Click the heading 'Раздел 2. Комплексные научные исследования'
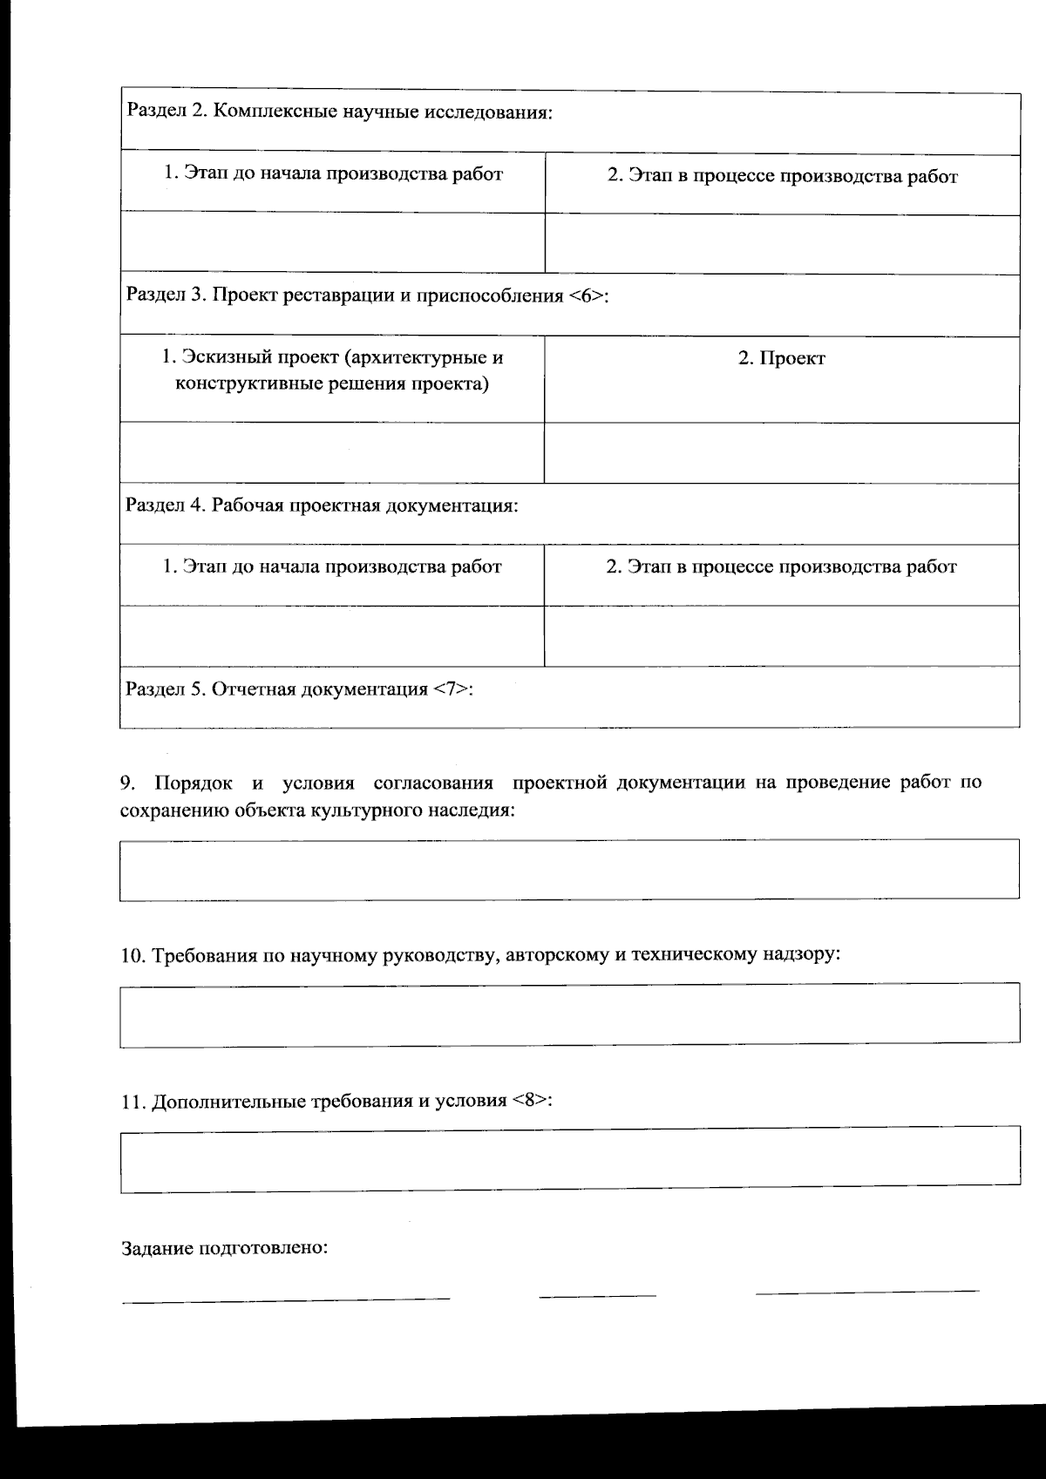click(x=340, y=112)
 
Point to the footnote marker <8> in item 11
click(x=531, y=1100)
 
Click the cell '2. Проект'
click(x=781, y=358)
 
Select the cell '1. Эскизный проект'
click(x=332, y=370)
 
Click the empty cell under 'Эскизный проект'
click(x=332, y=452)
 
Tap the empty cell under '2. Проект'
click(x=781, y=452)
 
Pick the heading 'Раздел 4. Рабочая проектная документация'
click(x=322, y=505)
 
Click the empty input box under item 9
click(x=569, y=869)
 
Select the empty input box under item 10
click(x=569, y=1014)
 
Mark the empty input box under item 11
click(x=569, y=1160)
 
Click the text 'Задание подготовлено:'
click(x=224, y=1247)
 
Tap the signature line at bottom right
click(x=866, y=1291)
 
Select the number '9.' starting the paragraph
click(x=128, y=783)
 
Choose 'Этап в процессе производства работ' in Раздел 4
click(x=781, y=567)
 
